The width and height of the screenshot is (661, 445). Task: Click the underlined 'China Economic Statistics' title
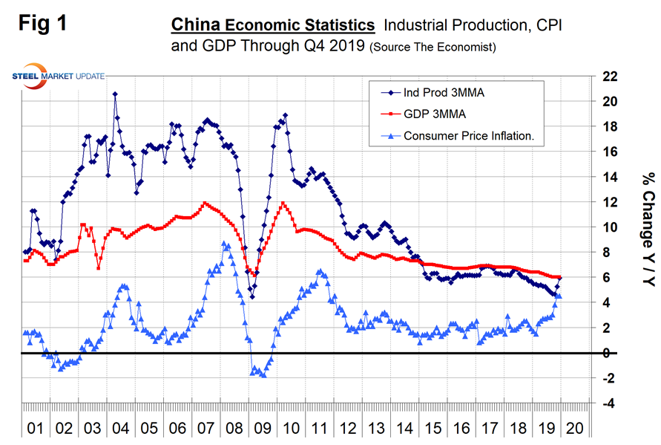point(273,26)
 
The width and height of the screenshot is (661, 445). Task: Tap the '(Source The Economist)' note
point(433,48)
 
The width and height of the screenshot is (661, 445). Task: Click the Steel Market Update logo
point(59,77)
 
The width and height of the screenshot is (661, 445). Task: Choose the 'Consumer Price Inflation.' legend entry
point(469,136)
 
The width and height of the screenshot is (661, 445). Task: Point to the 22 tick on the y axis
point(608,77)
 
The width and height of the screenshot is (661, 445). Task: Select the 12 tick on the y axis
point(608,202)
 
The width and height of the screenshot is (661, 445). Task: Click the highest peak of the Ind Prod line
point(115,94)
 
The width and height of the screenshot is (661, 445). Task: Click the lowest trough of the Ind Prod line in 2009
point(252,297)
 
